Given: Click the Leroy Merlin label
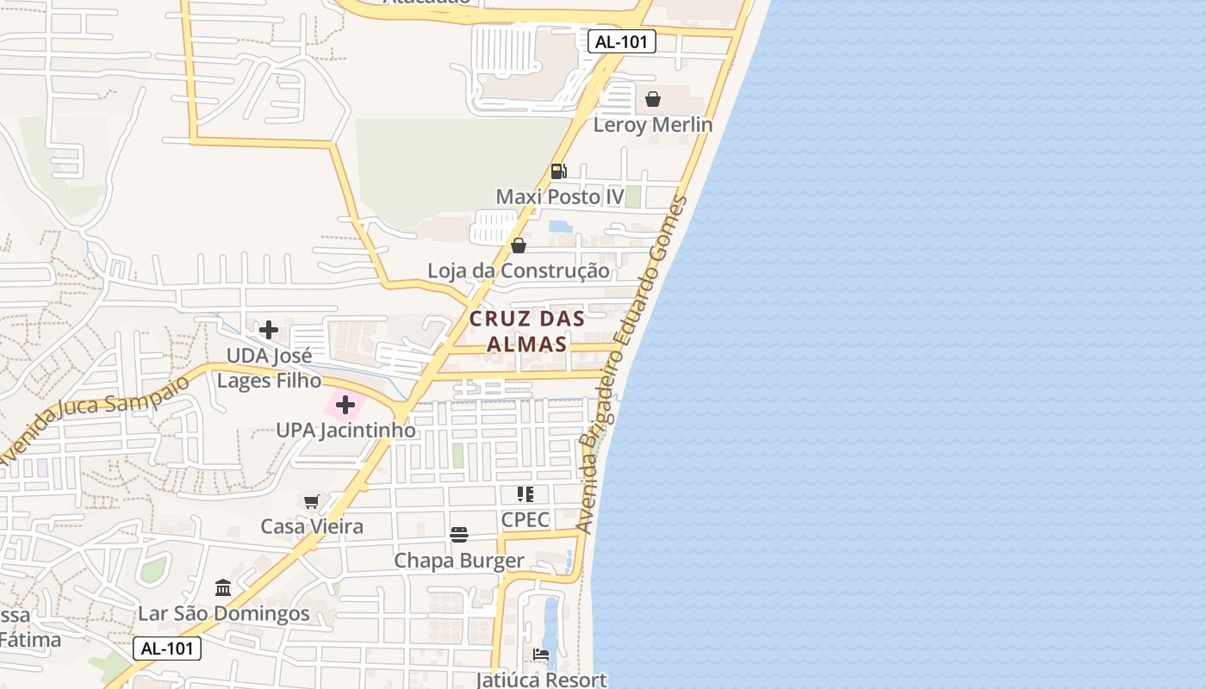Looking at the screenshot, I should [x=653, y=125].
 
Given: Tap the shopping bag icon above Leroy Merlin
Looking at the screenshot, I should [x=653, y=99].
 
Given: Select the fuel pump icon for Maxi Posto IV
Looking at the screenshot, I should [x=558, y=171].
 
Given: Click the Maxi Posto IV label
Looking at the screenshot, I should [x=559, y=196].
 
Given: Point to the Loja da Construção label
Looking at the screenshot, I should [x=518, y=270].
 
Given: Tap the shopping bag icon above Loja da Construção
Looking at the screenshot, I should [x=518, y=246].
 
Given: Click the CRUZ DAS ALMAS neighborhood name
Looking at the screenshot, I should [x=527, y=331].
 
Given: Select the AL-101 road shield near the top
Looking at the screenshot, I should [x=622, y=41].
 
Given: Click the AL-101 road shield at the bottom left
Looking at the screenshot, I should [x=167, y=649].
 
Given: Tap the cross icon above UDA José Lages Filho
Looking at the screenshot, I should [x=269, y=330].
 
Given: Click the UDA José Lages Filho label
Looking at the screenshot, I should [x=269, y=368].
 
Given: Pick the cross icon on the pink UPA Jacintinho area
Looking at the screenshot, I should [x=345, y=405].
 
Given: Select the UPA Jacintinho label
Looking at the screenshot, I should [x=345, y=430].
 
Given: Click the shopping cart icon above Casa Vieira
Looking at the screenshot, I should [x=312, y=501].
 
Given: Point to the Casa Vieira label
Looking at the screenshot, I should [x=312, y=526].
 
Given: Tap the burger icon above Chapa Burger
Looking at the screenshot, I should [x=458, y=535].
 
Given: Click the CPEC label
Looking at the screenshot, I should [x=525, y=520].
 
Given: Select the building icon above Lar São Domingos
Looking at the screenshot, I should [x=223, y=588].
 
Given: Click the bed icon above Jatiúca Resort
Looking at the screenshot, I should [x=541, y=655].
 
